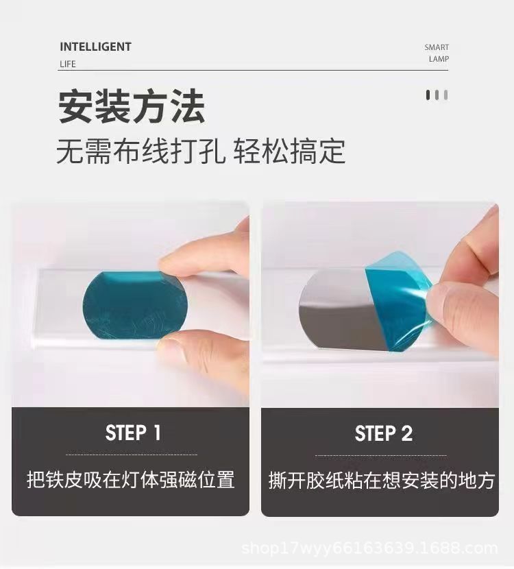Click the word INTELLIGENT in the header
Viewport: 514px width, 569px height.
[x=95, y=47]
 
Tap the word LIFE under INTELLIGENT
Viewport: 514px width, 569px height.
[x=68, y=64]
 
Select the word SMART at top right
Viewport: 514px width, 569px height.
[x=437, y=47]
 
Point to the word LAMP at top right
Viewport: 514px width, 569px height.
[x=439, y=59]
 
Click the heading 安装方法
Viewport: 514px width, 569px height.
[x=132, y=106]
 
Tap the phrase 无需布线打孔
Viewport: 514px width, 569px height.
[x=140, y=151]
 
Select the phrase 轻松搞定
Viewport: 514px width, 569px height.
[x=289, y=151]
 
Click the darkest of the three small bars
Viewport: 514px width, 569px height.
[x=428, y=95]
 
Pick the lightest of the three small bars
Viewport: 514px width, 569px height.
[x=445, y=95]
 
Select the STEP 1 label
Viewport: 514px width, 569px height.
[x=133, y=433]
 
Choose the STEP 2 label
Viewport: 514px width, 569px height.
[x=384, y=433]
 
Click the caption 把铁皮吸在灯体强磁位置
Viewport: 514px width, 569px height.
[x=131, y=479]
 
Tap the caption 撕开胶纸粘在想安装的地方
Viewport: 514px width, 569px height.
[x=382, y=480]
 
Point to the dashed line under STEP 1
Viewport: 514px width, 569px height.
[x=132, y=455]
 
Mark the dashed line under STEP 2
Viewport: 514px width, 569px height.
[x=381, y=455]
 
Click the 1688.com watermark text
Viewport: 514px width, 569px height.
[x=369, y=548]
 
